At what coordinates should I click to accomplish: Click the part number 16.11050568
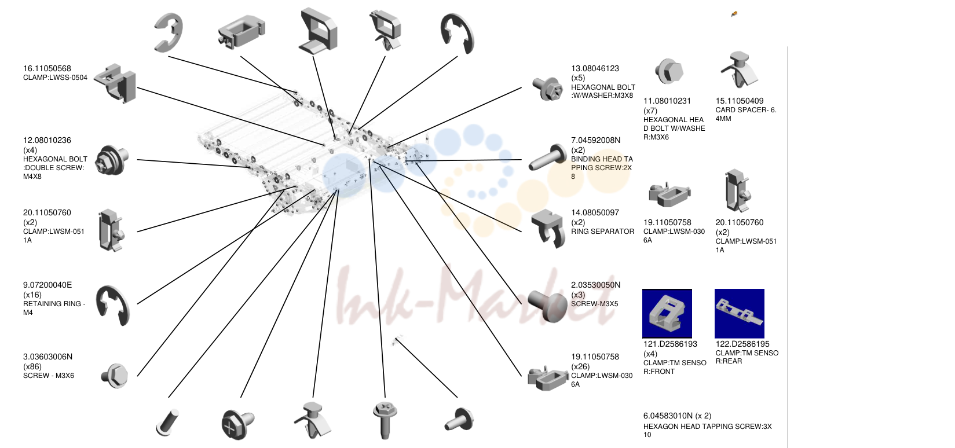coord(47,68)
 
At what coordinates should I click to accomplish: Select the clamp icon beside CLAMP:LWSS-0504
coord(115,83)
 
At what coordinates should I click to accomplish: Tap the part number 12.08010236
coord(47,140)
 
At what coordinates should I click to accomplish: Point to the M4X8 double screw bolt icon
coord(112,160)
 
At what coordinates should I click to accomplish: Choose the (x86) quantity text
coord(32,366)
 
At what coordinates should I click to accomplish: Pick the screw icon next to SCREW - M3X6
coord(115,376)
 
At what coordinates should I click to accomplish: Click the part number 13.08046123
coord(595,68)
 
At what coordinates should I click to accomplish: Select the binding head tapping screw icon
coord(547,157)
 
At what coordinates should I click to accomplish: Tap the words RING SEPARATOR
coord(602,232)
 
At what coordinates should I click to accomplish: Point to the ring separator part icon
coord(548,228)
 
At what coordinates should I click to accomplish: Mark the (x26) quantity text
coord(580,366)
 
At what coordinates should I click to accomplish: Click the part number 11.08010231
coord(667,101)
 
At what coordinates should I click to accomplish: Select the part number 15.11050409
coord(740,101)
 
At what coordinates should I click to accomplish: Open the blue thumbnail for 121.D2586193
coord(667,313)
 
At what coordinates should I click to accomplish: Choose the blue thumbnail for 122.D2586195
coord(740,313)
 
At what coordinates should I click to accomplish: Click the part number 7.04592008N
coord(595,140)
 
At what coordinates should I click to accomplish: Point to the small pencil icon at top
coord(734,14)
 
